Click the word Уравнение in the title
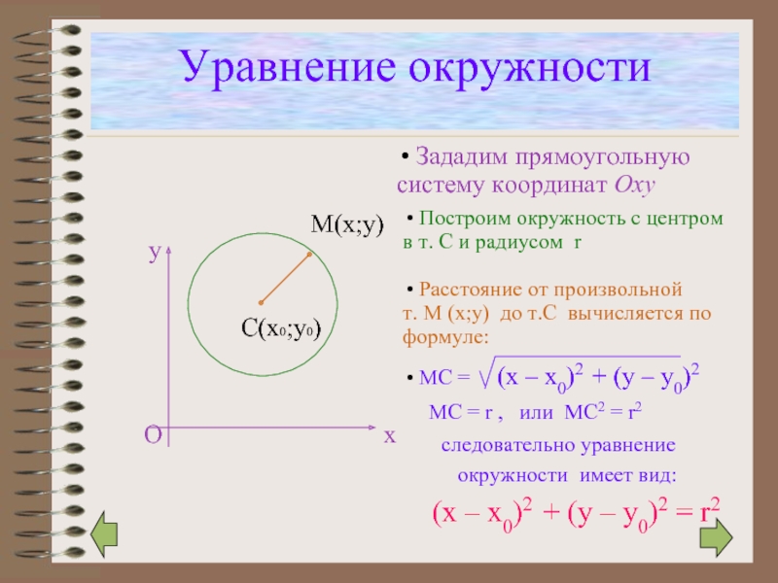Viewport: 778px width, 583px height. coord(288,68)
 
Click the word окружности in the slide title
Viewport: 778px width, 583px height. coord(529,68)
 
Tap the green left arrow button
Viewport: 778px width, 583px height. coord(104,533)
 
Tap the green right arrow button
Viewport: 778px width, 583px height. coord(716,537)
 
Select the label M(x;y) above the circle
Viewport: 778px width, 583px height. coord(347,225)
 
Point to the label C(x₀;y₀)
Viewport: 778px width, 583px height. coord(281,328)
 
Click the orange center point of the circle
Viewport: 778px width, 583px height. coord(261,302)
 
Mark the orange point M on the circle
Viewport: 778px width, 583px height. coord(309,255)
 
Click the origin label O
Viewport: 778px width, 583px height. coord(153,435)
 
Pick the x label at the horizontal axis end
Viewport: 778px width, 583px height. coord(390,436)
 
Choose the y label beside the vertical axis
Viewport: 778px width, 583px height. coord(156,253)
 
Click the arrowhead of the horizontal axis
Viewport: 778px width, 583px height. coord(372,427)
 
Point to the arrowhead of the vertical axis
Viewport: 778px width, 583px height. coord(168,249)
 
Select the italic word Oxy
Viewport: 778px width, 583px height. coord(635,186)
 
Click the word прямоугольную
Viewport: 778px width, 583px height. coord(602,158)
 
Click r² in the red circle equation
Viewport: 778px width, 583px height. coord(710,511)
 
